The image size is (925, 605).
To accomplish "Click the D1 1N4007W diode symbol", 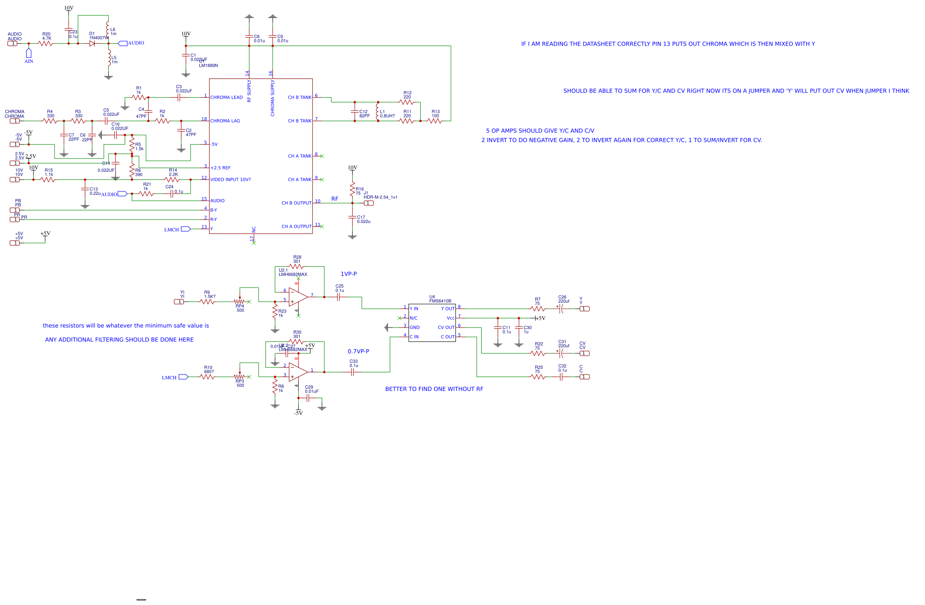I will [x=92, y=44].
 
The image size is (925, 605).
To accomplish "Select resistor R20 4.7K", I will [x=45, y=44].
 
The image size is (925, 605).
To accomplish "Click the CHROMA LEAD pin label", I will [x=227, y=98].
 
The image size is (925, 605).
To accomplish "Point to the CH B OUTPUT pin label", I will [x=296, y=203].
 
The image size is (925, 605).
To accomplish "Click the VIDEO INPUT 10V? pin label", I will [x=230, y=180].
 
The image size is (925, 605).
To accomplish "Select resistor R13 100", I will [x=435, y=121].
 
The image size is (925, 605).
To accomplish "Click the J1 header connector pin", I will [x=369, y=203].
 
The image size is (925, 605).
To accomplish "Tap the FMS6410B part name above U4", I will [x=440, y=301].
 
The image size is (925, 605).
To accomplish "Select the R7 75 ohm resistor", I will [x=538, y=309].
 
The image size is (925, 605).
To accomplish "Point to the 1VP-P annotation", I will [x=349, y=274].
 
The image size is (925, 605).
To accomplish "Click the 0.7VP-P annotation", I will [x=358, y=352].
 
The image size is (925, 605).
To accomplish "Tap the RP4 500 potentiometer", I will [x=240, y=302].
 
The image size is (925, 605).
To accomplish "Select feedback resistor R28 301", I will [x=296, y=267].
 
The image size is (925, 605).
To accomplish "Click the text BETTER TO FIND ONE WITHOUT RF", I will [x=434, y=389].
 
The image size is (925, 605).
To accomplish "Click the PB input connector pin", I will [x=15, y=210].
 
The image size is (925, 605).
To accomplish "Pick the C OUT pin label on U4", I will [x=447, y=337].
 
